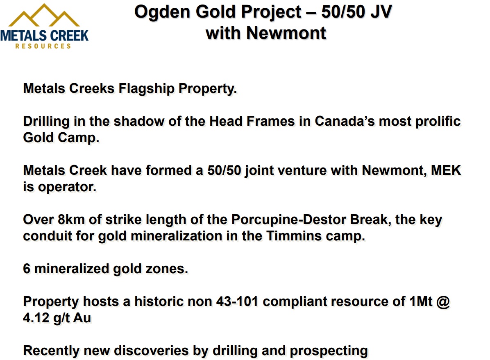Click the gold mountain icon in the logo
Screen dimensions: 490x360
44,15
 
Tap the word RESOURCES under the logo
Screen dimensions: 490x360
43,46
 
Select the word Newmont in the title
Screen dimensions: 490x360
286,33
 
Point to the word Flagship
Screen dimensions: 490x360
147,89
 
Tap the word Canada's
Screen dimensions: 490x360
345,121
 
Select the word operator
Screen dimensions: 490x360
67,187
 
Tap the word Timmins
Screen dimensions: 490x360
294,236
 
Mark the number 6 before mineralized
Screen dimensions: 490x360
27,269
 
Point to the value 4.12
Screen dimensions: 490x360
36,318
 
